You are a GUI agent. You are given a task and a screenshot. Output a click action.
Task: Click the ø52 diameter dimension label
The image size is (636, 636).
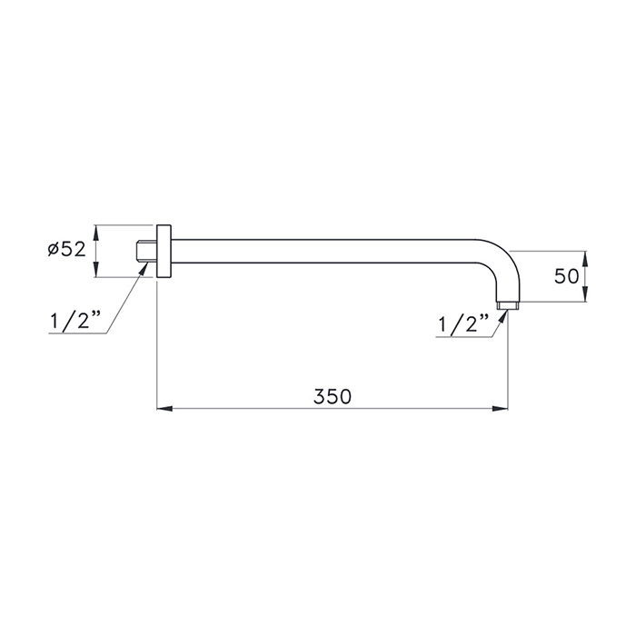tap(66, 250)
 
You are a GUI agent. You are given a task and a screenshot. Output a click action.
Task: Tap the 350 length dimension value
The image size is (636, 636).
tap(333, 396)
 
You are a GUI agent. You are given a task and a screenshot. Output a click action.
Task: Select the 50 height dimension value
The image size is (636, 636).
tap(566, 276)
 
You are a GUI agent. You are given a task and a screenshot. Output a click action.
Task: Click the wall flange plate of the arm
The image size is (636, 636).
tap(164, 251)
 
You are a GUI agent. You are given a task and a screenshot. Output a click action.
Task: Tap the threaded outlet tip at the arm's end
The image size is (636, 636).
tap(507, 305)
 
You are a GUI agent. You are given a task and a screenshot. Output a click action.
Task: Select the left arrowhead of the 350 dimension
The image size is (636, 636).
tap(164, 409)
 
